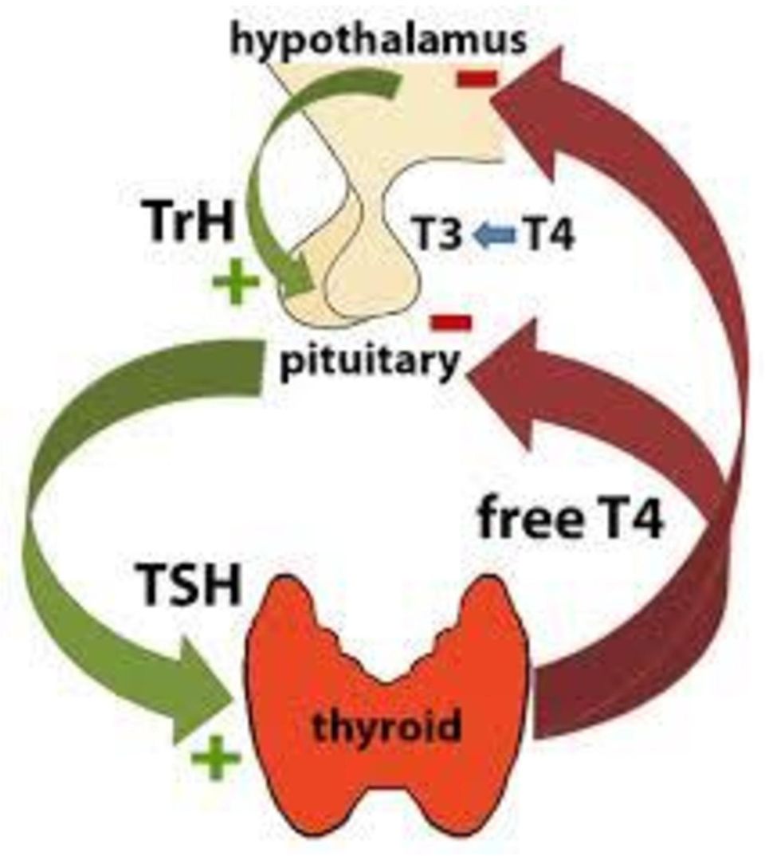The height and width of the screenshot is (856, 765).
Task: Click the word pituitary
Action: (x=370, y=361)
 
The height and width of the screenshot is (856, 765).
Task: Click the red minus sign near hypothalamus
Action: (x=477, y=79)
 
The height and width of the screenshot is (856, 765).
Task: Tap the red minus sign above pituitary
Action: (x=452, y=322)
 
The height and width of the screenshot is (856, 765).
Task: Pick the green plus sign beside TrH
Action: (x=236, y=281)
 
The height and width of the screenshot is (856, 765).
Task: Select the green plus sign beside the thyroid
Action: (x=216, y=757)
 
